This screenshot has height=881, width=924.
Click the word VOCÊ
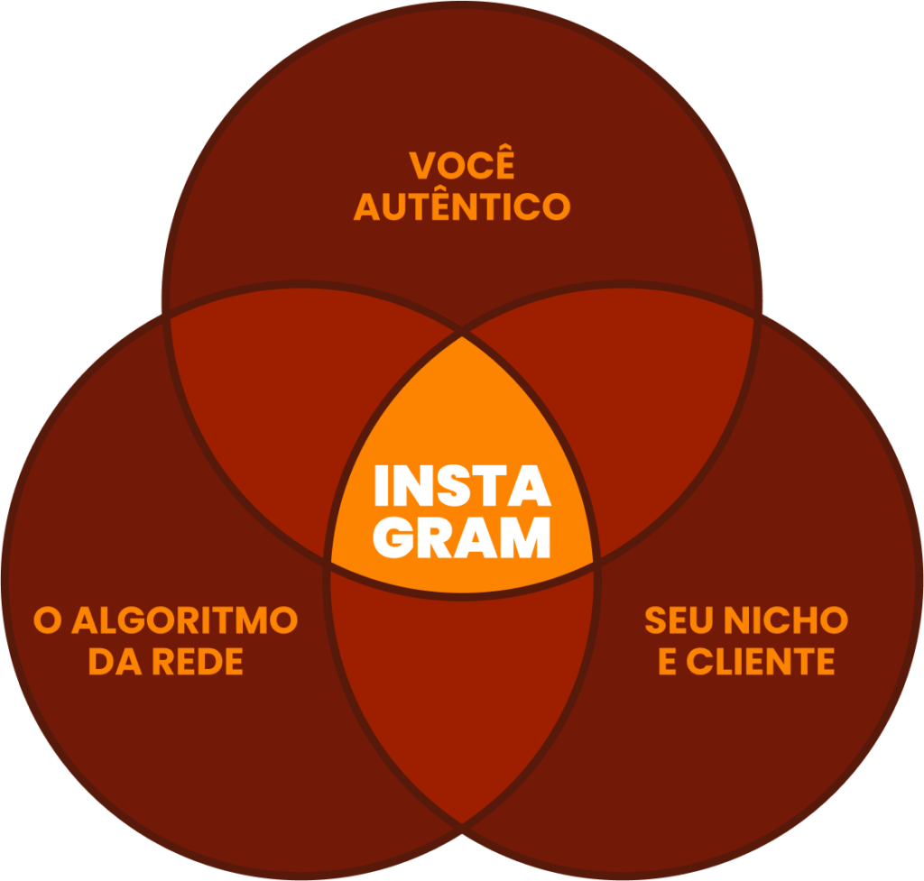point(462,169)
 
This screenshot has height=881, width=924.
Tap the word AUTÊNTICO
point(462,207)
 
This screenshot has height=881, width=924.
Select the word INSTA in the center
point(462,488)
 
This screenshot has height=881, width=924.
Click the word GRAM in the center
point(462,538)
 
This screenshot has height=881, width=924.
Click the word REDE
point(197,663)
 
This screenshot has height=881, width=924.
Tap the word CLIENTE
point(760,663)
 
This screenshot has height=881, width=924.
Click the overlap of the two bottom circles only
point(462,685)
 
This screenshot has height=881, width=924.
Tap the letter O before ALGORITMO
point(47,620)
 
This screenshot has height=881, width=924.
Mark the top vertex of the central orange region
point(462,336)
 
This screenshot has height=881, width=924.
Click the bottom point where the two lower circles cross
point(462,823)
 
